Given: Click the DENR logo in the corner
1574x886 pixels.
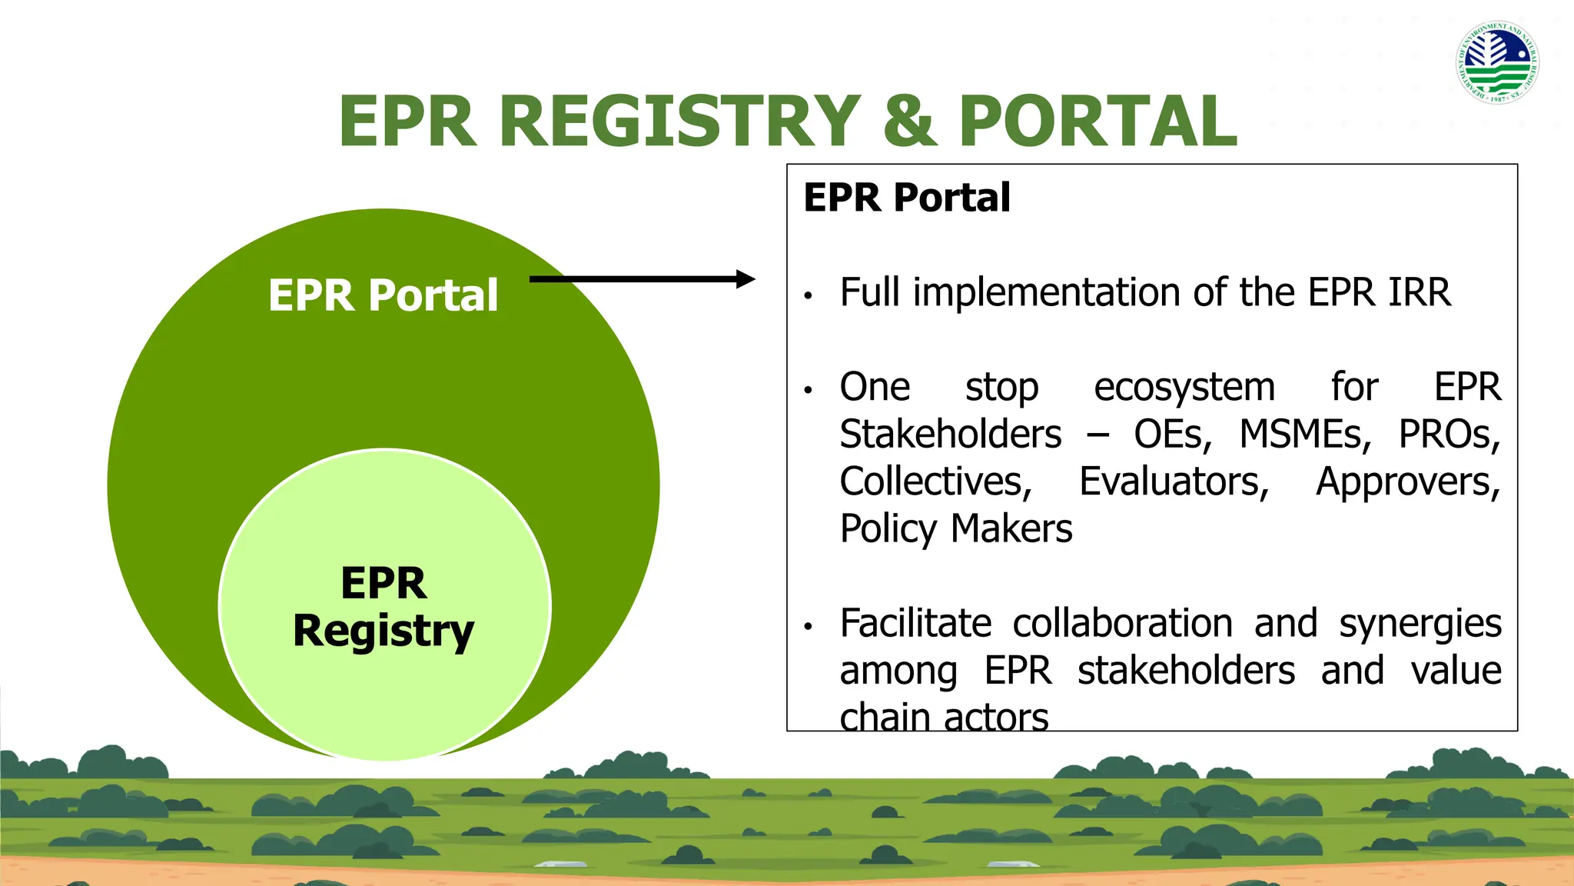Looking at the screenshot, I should pyautogui.click(x=1497, y=62).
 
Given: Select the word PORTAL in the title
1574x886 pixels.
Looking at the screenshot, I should pyautogui.click(x=1097, y=121).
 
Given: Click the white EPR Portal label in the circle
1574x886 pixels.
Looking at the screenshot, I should pyautogui.click(x=383, y=295).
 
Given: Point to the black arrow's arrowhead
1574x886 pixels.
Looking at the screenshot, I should pyautogui.click(x=745, y=279).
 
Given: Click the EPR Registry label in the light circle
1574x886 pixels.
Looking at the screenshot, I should pyautogui.click(x=384, y=608).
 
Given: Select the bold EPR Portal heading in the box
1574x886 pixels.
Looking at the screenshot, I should pyautogui.click(x=906, y=198).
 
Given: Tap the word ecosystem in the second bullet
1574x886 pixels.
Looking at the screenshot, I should pyautogui.click(x=1184, y=388).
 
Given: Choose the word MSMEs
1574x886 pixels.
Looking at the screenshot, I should pyautogui.click(x=1304, y=435).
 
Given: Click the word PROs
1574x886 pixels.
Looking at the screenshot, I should pyautogui.click(x=1448, y=435).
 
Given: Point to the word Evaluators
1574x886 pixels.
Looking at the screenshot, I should pyautogui.click(x=1174, y=482).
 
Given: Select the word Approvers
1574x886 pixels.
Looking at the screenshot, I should pyautogui.click(x=1407, y=482).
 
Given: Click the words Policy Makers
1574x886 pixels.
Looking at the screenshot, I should pyautogui.click(x=955, y=529).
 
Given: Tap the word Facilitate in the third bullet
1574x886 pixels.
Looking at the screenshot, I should pyautogui.click(x=915, y=624).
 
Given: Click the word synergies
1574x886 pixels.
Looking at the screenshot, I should pyautogui.click(x=1420, y=624).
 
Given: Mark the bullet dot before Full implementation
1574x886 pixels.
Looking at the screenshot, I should pyautogui.click(x=808, y=296).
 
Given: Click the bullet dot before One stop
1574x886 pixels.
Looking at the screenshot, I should pyautogui.click(x=808, y=391).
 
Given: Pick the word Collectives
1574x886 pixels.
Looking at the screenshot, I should pyautogui.click(x=935, y=482).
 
